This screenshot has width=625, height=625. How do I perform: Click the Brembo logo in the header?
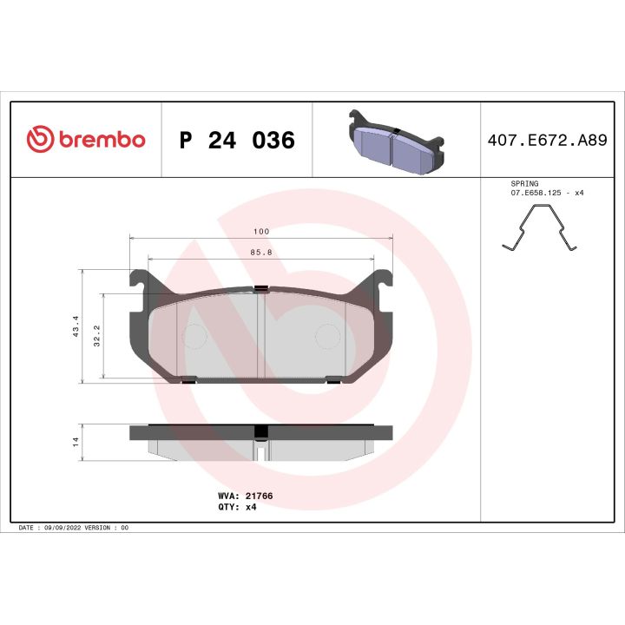click(85, 140)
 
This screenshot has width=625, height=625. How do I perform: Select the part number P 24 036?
click(236, 141)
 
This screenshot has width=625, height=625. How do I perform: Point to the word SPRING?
click(524, 184)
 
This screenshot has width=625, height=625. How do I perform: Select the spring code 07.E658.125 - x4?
click(546, 193)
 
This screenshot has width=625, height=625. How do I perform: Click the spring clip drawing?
click(539, 233)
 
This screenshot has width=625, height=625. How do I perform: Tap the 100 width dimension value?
click(260, 232)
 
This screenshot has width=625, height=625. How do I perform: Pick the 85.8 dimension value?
click(260, 253)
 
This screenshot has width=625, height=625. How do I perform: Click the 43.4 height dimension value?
click(76, 326)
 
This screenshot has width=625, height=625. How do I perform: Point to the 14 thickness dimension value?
click(76, 441)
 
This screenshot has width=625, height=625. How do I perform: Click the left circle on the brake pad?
click(194, 336)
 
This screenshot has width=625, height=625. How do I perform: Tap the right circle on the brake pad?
click(326, 336)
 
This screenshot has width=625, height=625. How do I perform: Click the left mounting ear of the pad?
click(139, 281)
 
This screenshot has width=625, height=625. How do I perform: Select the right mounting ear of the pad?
click(382, 281)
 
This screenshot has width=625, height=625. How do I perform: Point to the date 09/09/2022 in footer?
click(62, 528)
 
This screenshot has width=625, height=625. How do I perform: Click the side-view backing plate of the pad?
click(260, 431)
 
